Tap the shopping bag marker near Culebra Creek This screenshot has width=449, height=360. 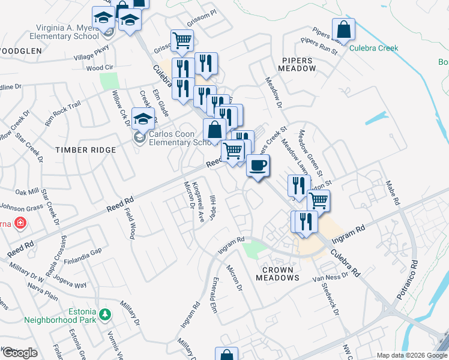343,29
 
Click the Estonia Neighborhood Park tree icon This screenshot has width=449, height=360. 105,314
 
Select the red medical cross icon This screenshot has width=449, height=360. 20,223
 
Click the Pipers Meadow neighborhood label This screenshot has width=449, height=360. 298,65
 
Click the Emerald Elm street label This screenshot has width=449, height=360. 212,294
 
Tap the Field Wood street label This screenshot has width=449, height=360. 131,223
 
